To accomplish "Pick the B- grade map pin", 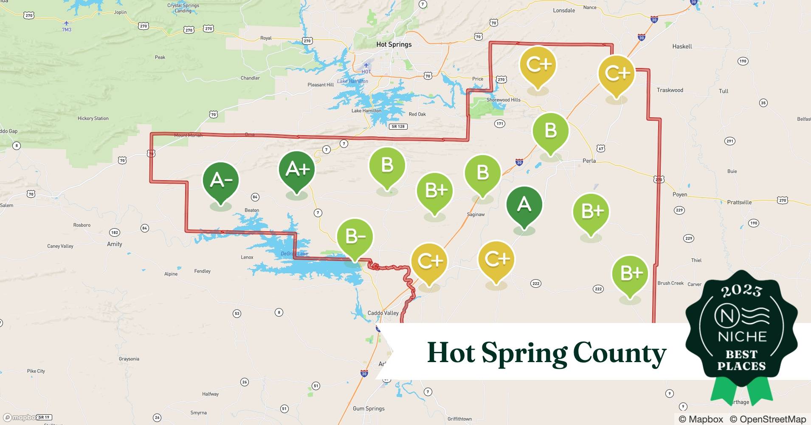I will coord(355,237).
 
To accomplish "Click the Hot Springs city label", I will coord(394,44).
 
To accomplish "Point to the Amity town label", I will coord(115,244).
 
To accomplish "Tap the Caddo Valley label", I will coord(383,313).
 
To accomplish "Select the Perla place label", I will coord(589,161).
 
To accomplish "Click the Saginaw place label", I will coord(476,215).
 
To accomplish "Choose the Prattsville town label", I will coord(739,202).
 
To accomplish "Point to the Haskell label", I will coord(682,46).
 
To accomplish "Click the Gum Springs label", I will coord(369,408).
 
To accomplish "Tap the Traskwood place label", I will coord(670,90).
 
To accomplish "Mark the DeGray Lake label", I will coord(294,254).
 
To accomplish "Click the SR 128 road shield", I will coord(398,127).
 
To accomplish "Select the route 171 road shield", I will coord(500,124).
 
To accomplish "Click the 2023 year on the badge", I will coord(741,290).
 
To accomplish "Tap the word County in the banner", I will coord(620,353).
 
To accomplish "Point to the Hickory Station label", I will coord(93,119).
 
